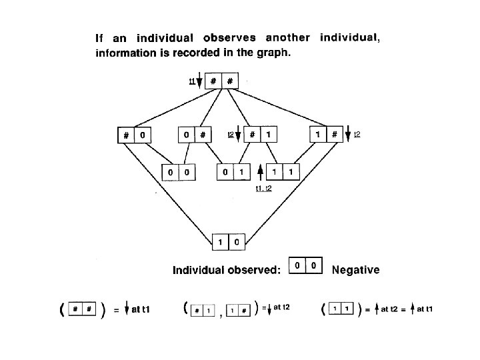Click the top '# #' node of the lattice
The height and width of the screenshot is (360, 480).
point(221,81)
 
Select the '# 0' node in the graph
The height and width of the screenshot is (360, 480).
point(134,135)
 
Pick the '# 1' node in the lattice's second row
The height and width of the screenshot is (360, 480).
point(261,135)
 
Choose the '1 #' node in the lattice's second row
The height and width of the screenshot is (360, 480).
point(326,135)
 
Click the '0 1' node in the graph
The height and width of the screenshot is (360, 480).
point(233,173)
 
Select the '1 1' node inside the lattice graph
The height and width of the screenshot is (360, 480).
point(283,173)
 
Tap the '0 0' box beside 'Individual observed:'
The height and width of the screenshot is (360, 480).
point(305,265)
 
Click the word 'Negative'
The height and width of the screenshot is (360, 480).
point(355,270)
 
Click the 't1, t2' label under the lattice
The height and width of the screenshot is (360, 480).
point(263,189)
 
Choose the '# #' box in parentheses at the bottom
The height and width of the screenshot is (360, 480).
point(83,310)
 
